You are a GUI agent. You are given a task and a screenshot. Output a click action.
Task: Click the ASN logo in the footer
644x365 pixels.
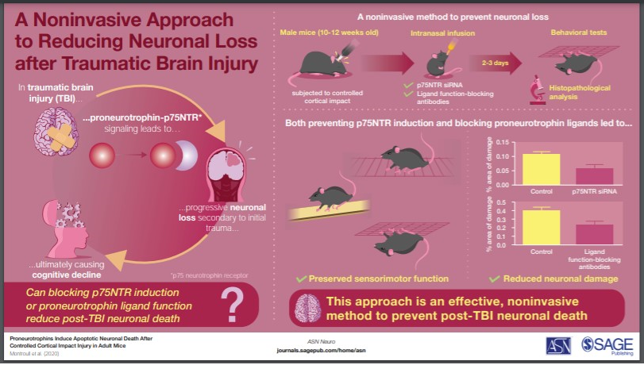point(557,345)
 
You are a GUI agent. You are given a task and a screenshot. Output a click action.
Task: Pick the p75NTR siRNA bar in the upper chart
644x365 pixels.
point(593,175)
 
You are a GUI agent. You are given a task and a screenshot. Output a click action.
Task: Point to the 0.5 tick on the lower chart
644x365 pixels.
point(502,203)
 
